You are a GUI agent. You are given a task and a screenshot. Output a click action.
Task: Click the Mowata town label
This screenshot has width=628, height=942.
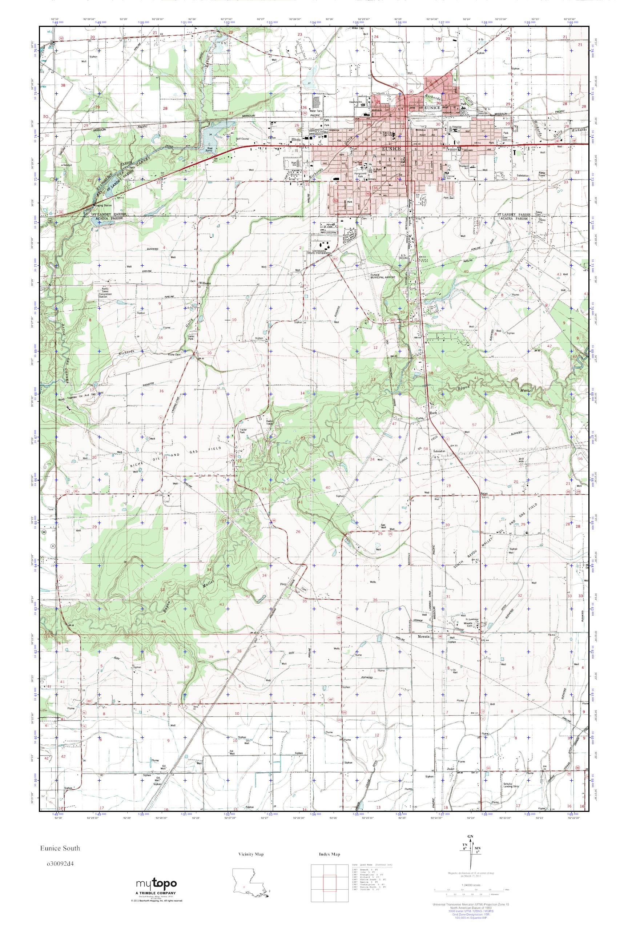[x=423, y=636]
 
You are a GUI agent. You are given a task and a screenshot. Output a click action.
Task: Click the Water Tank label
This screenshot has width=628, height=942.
[x=316, y=111]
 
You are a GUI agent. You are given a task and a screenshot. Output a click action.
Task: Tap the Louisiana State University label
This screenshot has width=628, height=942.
[x=319, y=251]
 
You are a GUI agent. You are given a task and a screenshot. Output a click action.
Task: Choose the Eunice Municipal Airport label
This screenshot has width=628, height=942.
[x=382, y=276]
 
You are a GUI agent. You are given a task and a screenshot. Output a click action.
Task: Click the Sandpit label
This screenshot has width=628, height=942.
[x=67, y=165]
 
